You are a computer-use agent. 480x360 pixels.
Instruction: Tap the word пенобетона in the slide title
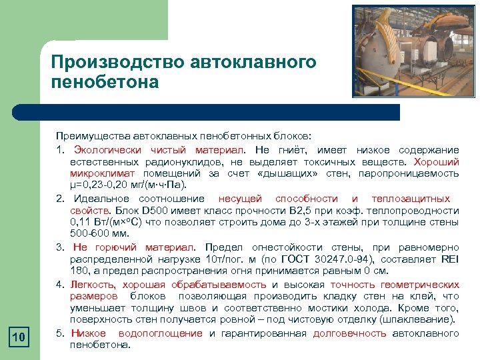point(105,82)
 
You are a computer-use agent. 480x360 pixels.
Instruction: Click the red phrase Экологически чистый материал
point(159,149)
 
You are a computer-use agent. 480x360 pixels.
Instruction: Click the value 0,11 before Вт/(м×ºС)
point(81,221)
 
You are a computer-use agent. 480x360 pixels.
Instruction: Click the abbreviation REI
point(448,259)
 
